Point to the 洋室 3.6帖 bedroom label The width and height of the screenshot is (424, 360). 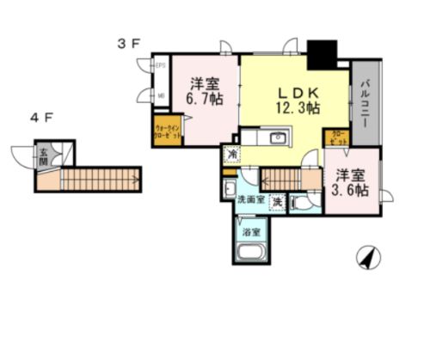pos(352,183)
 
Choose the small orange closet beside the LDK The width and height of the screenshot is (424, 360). pos(336,137)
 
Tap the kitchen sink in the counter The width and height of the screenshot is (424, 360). pos(277,139)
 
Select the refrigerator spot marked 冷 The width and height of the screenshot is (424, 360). pos(230,154)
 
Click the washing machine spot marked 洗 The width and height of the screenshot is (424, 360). pos(277,201)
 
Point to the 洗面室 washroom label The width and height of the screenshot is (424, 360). pos(250,200)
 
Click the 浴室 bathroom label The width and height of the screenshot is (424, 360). pos(251,230)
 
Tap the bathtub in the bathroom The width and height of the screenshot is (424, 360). pos(251,254)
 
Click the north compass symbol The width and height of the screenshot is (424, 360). pos(367,257)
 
